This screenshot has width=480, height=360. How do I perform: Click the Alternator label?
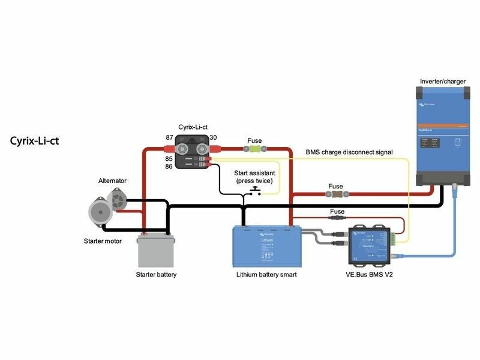[x=113, y=181]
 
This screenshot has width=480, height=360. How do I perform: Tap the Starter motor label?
[x=103, y=241]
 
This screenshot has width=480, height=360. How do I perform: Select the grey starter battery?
[x=156, y=250]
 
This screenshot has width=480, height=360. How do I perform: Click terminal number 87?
[x=170, y=137]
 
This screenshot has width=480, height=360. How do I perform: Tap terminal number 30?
[x=213, y=137]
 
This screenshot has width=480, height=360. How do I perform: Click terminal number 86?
[x=170, y=166]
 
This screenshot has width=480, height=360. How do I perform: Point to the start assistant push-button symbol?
[x=256, y=191]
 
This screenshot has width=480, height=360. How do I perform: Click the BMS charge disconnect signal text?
[x=349, y=152]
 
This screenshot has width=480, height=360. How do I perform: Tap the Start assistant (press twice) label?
[x=254, y=176]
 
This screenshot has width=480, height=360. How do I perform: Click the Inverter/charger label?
[x=442, y=81]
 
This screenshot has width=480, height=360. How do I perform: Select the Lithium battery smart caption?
[x=267, y=274]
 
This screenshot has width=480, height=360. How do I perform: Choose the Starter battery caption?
[x=157, y=274]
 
